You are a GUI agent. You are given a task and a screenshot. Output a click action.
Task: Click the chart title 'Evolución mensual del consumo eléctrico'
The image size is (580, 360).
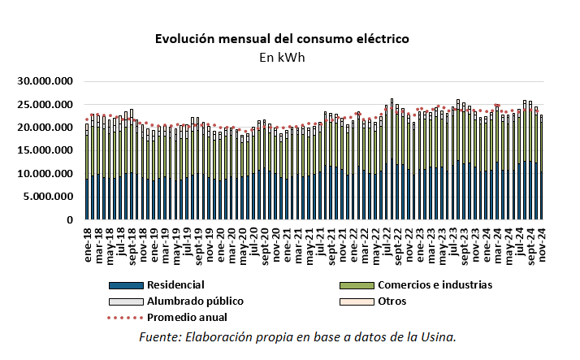(x=281, y=39)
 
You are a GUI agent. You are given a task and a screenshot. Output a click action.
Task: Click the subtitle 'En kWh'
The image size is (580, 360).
(x=281, y=58)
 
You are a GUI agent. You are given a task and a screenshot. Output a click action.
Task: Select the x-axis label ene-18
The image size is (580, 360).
(x=85, y=238)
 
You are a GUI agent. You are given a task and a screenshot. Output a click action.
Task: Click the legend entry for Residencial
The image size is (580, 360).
(x=175, y=285)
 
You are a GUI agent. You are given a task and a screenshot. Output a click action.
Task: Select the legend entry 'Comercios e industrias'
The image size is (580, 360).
(x=435, y=285)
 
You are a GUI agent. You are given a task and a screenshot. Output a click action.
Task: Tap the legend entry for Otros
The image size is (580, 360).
(x=391, y=301)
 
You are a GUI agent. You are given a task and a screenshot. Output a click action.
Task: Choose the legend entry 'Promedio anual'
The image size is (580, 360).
(x=186, y=317)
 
